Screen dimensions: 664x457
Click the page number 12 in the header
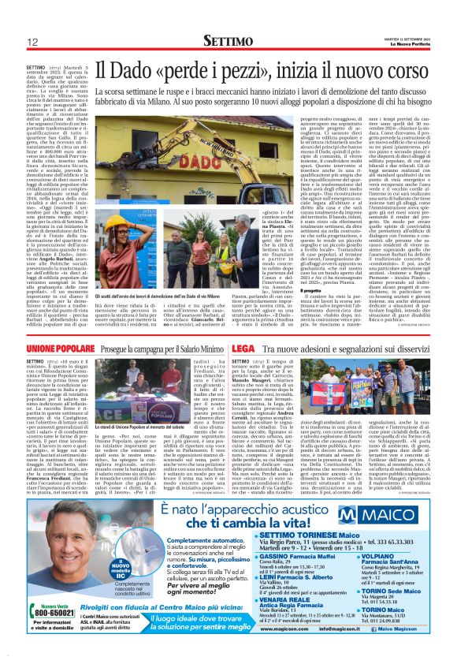(32, 42)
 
